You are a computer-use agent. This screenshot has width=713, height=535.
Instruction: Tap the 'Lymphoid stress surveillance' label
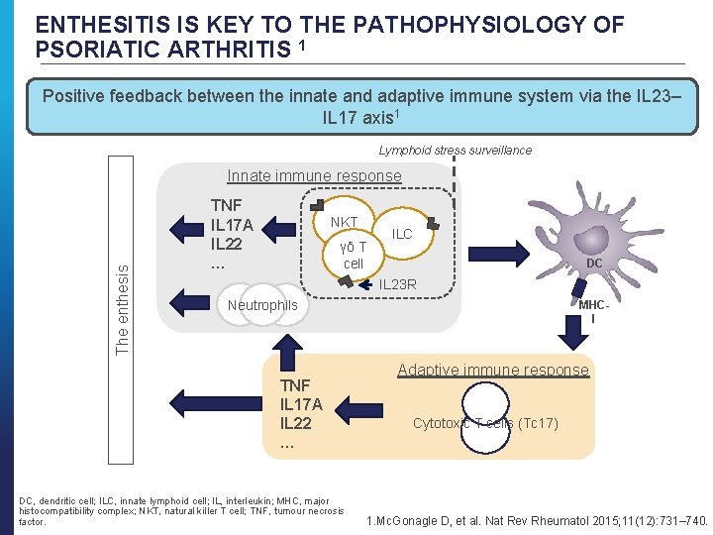coord(456,151)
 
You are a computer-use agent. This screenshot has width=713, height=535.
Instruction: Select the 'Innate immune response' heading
coord(314,176)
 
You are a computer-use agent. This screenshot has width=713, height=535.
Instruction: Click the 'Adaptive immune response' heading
coord(492,371)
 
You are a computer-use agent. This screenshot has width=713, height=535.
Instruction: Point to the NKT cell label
coord(344,222)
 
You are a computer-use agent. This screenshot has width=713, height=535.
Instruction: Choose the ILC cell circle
coord(401,234)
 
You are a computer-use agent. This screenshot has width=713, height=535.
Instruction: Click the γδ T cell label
coord(354,255)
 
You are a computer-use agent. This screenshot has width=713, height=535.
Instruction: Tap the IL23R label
coord(399,285)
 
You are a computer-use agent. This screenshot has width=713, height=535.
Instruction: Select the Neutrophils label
coord(261,305)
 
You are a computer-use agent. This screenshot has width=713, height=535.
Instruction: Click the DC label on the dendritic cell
coord(594,264)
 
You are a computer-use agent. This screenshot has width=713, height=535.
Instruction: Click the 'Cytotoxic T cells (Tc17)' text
coord(485,424)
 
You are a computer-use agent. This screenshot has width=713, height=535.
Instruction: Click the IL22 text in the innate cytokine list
coord(227,244)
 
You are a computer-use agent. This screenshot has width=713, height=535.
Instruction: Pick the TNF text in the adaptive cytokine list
coord(295,385)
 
